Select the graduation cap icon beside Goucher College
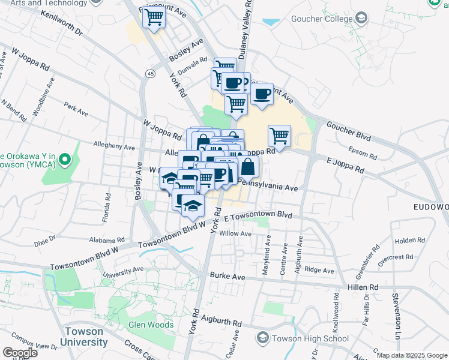point(361,19)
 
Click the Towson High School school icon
point(262,338)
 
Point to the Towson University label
point(86,337)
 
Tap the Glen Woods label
point(151,325)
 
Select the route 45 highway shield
point(150,73)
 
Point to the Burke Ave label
point(228,277)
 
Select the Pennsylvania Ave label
point(268,188)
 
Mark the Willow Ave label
point(235,233)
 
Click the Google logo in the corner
point(20,352)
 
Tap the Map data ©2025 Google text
point(412,355)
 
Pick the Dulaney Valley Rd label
point(247,30)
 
